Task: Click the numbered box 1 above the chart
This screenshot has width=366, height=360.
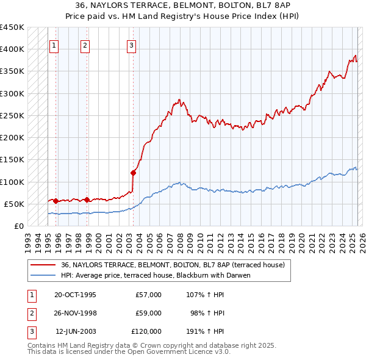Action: [54, 45]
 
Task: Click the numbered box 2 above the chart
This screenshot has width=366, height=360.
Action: [85, 45]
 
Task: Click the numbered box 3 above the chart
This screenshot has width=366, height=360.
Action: [131, 45]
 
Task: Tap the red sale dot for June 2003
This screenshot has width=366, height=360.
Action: [133, 173]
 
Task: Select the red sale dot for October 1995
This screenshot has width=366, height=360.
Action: [56, 201]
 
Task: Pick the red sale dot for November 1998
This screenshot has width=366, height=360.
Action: [87, 200]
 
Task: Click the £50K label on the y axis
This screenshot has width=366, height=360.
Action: [14, 204]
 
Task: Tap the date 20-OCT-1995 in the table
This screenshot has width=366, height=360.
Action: [75, 295]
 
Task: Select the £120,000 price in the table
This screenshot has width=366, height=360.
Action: [146, 331]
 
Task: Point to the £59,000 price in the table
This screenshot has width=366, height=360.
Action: [148, 313]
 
